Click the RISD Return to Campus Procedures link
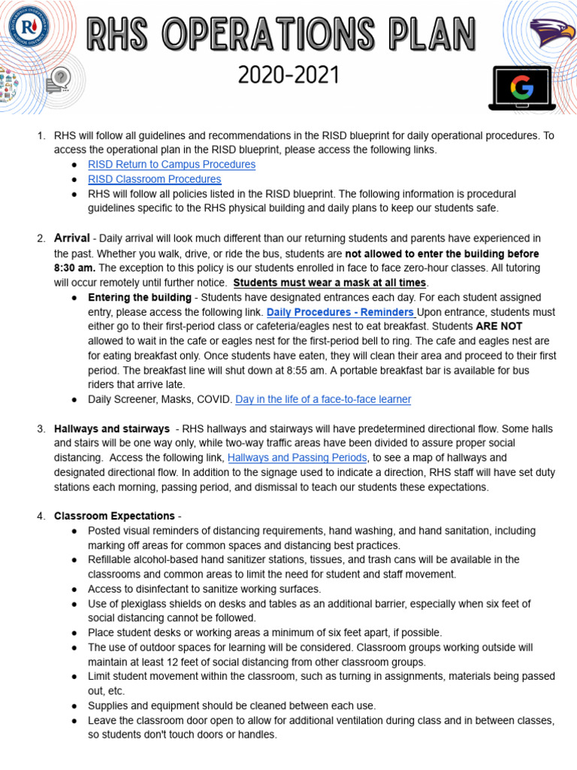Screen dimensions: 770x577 tap(171, 165)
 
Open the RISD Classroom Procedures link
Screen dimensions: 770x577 tap(154, 179)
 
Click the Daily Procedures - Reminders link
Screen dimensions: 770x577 tap(340, 312)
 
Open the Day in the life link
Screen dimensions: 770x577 tap(323, 399)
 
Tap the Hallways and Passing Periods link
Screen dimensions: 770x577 tap(297, 458)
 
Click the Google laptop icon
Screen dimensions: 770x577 tap(520, 89)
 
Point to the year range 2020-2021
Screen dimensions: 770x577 tap(288, 75)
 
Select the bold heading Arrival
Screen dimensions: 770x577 tap(72, 238)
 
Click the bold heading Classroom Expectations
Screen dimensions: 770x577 tap(114, 516)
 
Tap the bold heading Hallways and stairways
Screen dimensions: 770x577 tap(111, 429)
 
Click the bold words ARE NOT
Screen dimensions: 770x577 tap(499, 326)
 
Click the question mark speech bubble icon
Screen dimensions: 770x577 tap(58, 78)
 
